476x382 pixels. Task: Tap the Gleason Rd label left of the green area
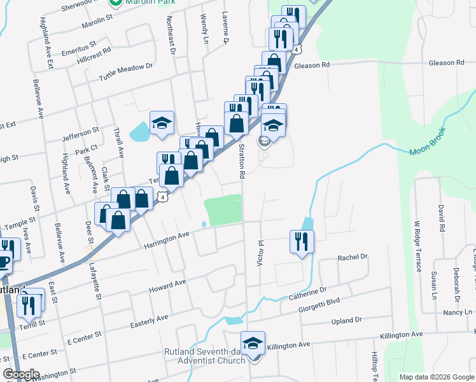pos(312,65)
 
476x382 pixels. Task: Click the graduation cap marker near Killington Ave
pos(253,344)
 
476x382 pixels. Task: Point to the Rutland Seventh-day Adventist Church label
pos(204,356)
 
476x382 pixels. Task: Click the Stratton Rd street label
pos(242,160)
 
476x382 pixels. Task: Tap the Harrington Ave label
pos(167,239)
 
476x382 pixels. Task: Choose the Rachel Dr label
pos(353,257)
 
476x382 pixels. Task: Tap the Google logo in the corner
pos(21,374)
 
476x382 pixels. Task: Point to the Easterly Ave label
pos(149,321)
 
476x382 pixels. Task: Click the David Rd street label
pos(440,218)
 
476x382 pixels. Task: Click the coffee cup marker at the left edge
pos(3,261)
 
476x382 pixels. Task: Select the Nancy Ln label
pos(454,313)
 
